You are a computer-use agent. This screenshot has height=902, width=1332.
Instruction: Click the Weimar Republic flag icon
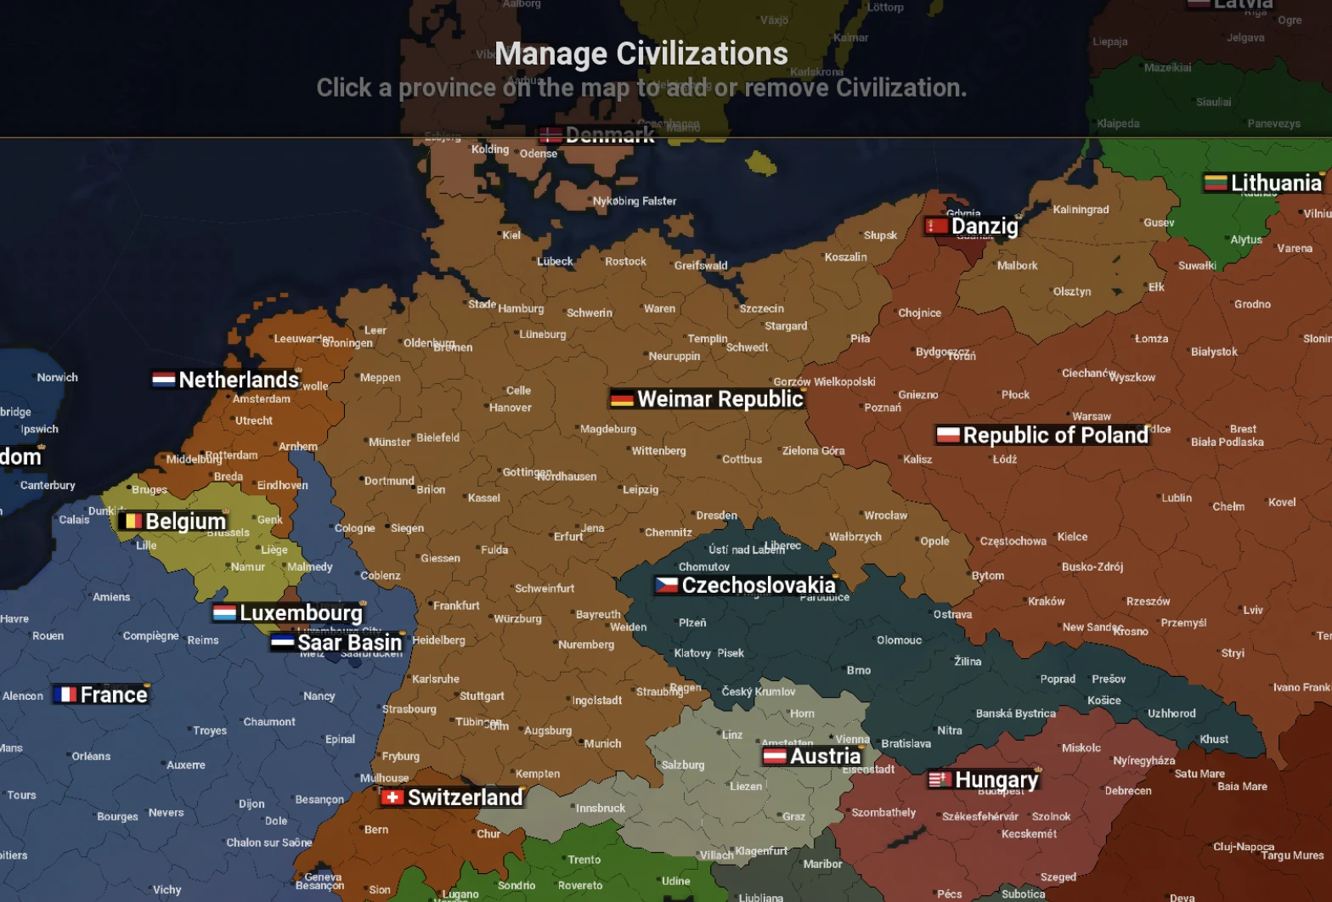coord(622,399)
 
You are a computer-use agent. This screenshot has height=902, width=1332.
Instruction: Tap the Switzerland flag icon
coord(392,798)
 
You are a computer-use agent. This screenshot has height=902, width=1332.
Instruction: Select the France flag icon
coord(65,695)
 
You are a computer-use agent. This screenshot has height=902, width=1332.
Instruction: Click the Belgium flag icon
coord(131,521)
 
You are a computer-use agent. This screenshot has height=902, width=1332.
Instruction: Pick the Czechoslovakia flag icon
coord(667,585)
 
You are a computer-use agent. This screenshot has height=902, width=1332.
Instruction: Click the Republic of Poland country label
coord(1055,435)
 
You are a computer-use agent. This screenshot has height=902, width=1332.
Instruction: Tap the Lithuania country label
coord(1276,183)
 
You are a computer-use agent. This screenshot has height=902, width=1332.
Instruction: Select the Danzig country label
coord(985,226)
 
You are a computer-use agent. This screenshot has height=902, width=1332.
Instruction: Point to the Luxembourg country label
coord(301,612)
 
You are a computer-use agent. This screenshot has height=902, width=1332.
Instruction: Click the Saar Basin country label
coord(349,642)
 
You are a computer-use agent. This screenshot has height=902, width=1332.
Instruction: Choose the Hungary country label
coord(996,780)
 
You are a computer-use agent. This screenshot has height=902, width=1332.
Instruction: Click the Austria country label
coord(825,756)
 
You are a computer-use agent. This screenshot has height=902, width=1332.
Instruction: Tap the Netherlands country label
coord(239,379)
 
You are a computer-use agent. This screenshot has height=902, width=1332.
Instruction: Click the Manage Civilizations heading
coord(641,54)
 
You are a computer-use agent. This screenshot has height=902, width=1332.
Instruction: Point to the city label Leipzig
coord(641,489)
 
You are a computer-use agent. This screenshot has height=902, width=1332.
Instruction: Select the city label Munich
coord(602,743)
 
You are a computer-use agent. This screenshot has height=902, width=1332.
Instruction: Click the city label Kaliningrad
coord(1081,209)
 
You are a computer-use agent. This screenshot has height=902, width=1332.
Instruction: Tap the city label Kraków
coord(1046,600)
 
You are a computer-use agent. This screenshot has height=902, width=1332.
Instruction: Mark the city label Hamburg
coord(521,308)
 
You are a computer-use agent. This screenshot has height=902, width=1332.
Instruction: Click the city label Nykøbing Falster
coord(635,201)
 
